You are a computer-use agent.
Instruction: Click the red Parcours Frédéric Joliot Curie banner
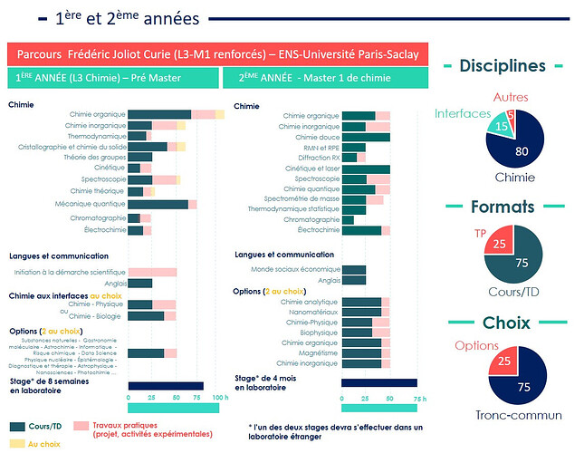[x=215, y=53]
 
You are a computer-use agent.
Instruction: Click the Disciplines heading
[x=502, y=66]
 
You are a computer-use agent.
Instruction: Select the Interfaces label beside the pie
[x=461, y=113]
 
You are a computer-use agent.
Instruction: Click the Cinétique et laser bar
[x=366, y=169]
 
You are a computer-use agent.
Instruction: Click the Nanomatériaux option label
[x=311, y=312]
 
